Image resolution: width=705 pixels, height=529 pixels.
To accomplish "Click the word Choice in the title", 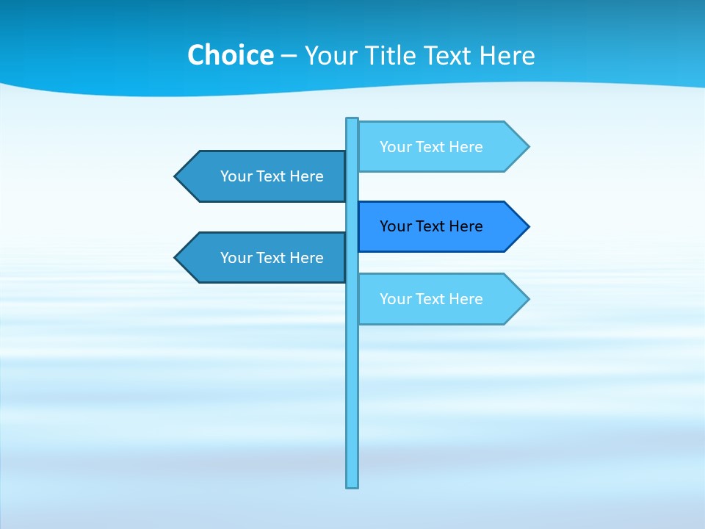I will pyautogui.click(x=230, y=55).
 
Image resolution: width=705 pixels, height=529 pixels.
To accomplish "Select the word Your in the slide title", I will pyautogui.click(x=331, y=55).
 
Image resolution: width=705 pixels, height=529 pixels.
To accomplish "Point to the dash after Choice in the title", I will pyautogui.click(x=289, y=56).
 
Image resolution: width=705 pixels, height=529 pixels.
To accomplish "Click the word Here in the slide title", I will pyautogui.click(x=507, y=55).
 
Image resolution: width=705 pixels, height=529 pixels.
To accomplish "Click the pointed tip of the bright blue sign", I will pyautogui.click(x=527, y=227).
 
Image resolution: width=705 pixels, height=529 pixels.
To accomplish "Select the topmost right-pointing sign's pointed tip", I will pyautogui.click(x=527, y=147).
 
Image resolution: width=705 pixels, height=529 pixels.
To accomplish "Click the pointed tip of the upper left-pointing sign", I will pyautogui.click(x=176, y=176).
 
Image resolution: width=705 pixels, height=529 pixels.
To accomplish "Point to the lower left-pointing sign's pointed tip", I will pyautogui.click(x=176, y=258).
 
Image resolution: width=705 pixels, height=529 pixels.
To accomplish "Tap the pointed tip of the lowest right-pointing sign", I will pyautogui.click(x=527, y=299).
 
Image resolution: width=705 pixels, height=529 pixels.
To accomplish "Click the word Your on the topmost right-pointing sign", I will pyautogui.click(x=395, y=147).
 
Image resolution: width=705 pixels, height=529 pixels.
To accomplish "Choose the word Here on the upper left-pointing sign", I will pyautogui.click(x=306, y=176).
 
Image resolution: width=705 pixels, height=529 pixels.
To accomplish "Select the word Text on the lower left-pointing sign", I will pyautogui.click(x=272, y=258).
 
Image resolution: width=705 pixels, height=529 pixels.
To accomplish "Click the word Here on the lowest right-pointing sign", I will pyautogui.click(x=466, y=299).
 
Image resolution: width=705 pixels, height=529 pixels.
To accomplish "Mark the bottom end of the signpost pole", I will pyautogui.click(x=352, y=486).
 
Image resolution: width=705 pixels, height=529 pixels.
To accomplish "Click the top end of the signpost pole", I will pyautogui.click(x=352, y=120).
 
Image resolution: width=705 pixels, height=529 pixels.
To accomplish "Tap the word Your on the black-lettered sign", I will pyautogui.click(x=395, y=226).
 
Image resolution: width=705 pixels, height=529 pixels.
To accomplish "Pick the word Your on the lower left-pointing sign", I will pyautogui.click(x=236, y=258).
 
